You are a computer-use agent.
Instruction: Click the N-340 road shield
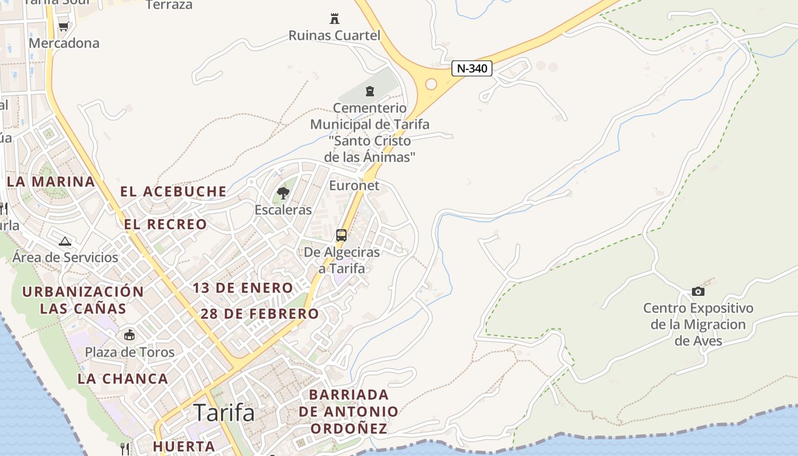pyautogui.click(x=472, y=68)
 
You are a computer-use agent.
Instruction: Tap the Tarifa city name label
pyautogui.click(x=224, y=412)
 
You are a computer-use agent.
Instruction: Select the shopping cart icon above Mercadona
pyautogui.click(x=63, y=26)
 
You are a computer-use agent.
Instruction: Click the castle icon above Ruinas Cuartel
pyautogui.click(x=335, y=19)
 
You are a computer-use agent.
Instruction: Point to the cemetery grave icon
pyautogui.click(x=370, y=91)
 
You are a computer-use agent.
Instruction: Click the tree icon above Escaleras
pyautogui.click(x=283, y=193)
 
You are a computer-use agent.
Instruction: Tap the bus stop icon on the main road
pyautogui.click(x=341, y=235)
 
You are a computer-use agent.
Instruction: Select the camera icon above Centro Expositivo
pyautogui.click(x=698, y=291)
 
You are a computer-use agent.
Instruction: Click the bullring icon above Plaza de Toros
pyautogui.click(x=130, y=335)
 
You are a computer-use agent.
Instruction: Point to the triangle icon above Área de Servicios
pyautogui.click(x=65, y=241)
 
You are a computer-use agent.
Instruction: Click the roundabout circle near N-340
pyautogui.click(x=431, y=84)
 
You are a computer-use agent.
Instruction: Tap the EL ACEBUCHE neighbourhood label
pyautogui.click(x=173, y=192)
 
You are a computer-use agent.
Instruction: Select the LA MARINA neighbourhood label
pyautogui.click(x=51, y=182)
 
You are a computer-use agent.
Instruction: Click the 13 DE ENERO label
pyautogui.click(x=243, y=288)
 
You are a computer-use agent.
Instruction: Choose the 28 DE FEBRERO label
pyautogui.click(x=260, y=313)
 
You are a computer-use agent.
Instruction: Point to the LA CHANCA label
pyautogui.click(x=123, y=378)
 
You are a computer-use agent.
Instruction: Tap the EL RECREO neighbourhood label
pyautogui.click(x=165, y=224)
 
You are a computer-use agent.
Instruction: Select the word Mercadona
pyautogui.click(x=64, y=43)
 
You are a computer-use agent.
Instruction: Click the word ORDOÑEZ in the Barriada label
pyautogui.click(x=348, y=428)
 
